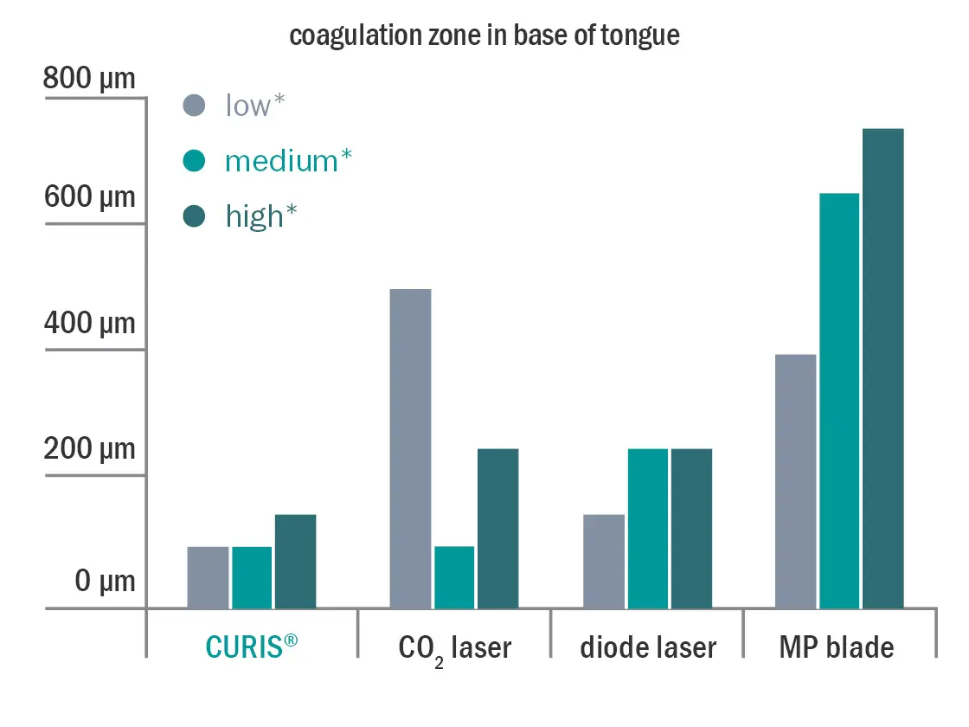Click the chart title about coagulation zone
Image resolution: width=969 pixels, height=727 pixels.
[484, 36]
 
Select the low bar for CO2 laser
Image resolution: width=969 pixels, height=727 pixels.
[410, 448]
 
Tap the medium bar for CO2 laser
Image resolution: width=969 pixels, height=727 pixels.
[454, 577]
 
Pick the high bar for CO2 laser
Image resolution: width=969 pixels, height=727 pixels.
[497, 528]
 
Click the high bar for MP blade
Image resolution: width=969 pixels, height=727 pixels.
[882, 368]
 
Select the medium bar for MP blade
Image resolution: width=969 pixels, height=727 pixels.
[839, 401]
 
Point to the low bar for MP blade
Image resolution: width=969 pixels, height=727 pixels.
[796, 481]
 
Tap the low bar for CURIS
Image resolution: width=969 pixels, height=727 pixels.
[208, 577]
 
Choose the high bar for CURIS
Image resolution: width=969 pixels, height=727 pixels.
[295, 561]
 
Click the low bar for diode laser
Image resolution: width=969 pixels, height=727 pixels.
[604, 561]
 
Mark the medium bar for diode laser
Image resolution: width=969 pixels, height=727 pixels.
[648, 528]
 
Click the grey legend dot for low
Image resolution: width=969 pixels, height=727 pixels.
[195, 106]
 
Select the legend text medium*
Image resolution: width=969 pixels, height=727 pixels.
[288, 161]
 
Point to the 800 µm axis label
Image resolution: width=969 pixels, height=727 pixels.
[90, 79]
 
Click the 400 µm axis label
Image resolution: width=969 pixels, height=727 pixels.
[90, 324]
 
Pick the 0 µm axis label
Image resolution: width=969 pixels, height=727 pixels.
[105, 581]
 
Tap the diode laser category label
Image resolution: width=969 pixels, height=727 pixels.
[648, 647]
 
